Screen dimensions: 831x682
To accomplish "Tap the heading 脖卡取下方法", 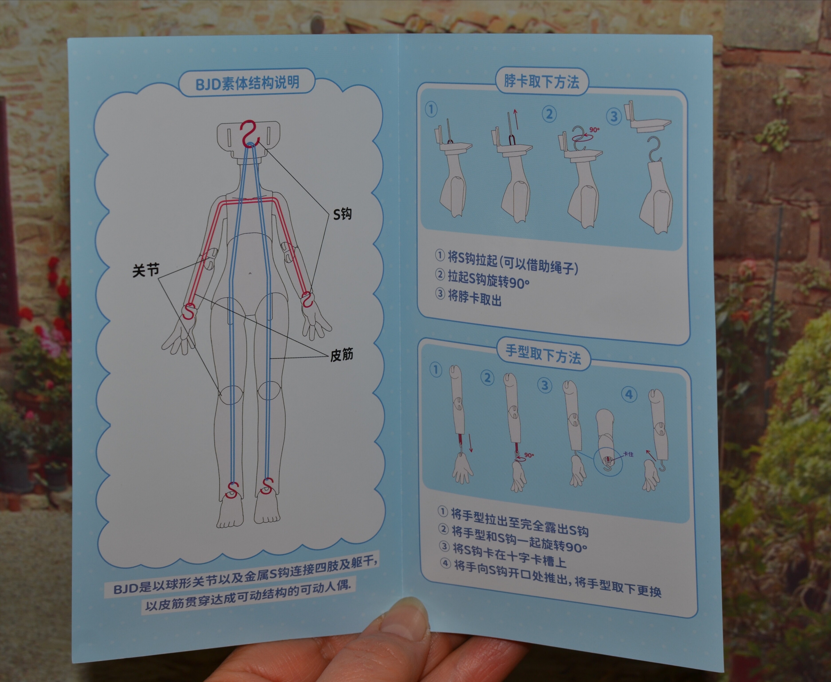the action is click(542, 81).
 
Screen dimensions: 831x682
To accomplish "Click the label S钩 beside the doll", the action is click(342, 214).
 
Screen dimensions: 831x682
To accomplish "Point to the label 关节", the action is click(146, 270).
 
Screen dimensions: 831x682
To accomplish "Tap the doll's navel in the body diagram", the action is click(250, 273).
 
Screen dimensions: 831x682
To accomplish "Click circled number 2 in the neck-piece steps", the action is click(549, 114).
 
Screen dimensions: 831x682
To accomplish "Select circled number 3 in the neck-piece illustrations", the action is click(614, 116).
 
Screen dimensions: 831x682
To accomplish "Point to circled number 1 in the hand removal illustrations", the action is click(436, 370).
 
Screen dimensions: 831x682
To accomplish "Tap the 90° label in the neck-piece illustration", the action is click(594, 130).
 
